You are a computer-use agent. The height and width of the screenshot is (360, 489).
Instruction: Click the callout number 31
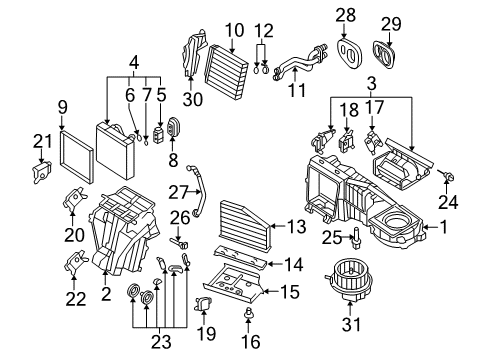[x=351, y=324]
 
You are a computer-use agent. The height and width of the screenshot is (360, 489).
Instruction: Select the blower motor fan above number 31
[x=347, y=279]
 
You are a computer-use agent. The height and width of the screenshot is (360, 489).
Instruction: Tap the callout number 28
[x=346, y=16]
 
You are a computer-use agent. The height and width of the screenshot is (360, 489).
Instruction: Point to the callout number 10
[x=235, y=30]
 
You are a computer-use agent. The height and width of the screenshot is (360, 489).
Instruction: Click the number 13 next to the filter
[x=296, y=227]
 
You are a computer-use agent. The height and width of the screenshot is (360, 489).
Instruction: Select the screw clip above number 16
[x=248, y=312]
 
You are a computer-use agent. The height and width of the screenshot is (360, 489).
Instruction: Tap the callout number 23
[x=161, y=342]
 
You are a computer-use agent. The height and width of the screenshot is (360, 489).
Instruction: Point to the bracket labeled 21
[x=42, y=171]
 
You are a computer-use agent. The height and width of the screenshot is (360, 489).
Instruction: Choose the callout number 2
[x=106, y=294]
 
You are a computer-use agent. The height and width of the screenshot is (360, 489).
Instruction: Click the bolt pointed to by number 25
[x=357, y=237]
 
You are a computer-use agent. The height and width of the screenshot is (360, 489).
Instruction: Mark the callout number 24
[x=448, y=202]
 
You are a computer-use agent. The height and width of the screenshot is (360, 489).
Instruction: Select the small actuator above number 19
[x=204, y=304]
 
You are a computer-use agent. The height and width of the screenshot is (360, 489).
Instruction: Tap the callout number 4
[x=133, y=62]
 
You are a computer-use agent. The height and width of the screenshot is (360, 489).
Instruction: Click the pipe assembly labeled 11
[x=299, y=62]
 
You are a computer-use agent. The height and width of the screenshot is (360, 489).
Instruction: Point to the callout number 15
[x=290, y=291]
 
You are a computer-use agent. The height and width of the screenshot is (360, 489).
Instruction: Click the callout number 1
[x=444, y=227]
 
